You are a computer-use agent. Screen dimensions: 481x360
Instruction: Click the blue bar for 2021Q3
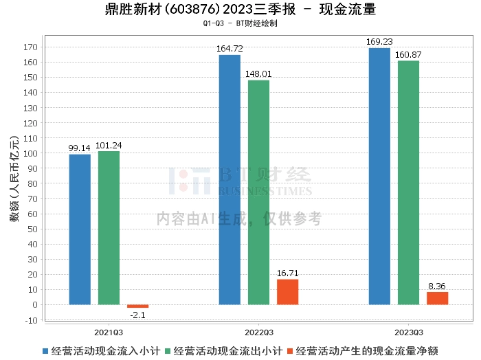point(80,229)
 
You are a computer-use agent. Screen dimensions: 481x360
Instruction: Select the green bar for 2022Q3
point(258,192)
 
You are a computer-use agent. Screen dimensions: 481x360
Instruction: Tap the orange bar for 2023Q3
point(438,298)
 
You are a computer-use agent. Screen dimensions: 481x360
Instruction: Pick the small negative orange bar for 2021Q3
point(137,306)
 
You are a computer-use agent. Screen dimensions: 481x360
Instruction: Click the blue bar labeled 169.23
point(379,177)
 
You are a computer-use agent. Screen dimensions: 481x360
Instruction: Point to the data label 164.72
point(230,49)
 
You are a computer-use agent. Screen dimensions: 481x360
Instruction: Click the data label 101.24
point(109,146)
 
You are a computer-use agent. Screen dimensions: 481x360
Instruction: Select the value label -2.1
point(137,315)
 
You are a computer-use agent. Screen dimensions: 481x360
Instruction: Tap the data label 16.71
point(287,273)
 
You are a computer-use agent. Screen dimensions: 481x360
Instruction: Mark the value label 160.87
point(408,55)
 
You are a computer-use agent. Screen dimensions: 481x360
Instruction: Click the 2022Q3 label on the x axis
point(259,333)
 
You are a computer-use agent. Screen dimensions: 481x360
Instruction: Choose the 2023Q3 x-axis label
point(409,333)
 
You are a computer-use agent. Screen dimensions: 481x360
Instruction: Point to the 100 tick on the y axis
point(30,153)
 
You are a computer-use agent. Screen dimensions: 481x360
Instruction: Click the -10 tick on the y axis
point(31,320)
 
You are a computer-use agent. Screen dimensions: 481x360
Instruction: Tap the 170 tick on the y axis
point(30,47)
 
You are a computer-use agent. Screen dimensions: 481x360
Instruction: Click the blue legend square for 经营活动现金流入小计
point(45,351)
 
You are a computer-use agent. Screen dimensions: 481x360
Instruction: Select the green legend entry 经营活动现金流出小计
point(224,351)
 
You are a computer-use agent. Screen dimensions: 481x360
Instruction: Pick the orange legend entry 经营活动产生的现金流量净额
point(363,351)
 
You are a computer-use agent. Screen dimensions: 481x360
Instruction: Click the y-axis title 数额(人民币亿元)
point(14,179)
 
